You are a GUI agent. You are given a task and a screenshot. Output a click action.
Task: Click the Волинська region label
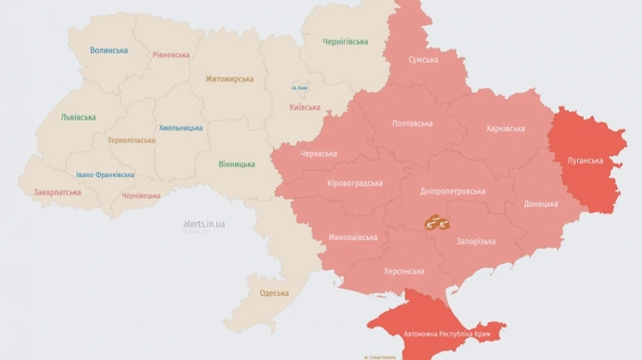[109, 51]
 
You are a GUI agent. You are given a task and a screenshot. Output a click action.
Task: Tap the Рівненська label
[171, 55]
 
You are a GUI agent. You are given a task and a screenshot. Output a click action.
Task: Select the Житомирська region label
[229, 79]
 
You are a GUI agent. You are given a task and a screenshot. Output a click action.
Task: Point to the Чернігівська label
[345, 41]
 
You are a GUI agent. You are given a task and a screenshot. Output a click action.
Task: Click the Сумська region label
[423, 60]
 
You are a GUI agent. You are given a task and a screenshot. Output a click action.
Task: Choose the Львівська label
[78, 118]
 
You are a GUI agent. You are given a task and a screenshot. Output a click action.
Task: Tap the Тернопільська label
[131, 140]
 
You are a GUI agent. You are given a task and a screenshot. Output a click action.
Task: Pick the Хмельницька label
[180, 128]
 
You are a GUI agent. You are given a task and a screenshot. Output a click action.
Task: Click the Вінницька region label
[237, 165]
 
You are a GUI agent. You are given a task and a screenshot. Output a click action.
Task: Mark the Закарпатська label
[57, 192]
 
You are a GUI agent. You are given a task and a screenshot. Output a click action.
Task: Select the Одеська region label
[274, 293]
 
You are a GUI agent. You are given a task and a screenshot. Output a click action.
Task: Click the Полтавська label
[412, 124]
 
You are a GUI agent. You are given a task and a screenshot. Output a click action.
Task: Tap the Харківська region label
[505, 129]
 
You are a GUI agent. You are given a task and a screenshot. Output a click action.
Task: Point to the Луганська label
[585, 161]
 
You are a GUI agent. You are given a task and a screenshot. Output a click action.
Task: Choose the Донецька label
[541, 204]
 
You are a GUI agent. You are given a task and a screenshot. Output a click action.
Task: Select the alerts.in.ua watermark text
[204, 224]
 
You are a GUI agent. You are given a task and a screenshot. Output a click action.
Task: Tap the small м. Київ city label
[300, 88]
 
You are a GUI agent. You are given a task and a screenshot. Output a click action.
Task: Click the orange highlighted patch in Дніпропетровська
[437, 222]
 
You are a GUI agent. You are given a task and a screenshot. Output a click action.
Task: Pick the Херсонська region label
[404, 272]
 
